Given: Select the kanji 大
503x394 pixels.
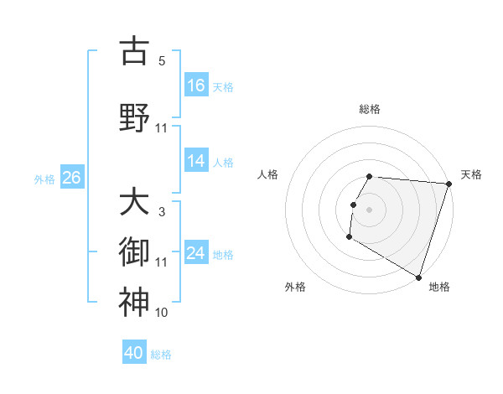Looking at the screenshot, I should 133,203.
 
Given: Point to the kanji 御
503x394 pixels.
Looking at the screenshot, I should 133,251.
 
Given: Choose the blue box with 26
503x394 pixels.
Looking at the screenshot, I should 71,178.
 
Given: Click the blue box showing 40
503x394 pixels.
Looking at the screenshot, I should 134,353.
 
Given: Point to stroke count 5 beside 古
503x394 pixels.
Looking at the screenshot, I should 162,61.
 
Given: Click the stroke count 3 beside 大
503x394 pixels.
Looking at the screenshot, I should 162,212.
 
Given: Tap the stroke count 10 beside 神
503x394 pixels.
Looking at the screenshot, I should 162,312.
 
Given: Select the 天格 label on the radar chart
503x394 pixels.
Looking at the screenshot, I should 471,174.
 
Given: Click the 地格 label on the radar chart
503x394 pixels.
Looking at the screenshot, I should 439,287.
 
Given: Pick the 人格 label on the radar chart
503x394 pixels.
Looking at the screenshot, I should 268,174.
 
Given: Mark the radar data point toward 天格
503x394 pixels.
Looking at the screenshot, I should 449,184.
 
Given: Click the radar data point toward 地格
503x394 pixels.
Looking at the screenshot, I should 417,276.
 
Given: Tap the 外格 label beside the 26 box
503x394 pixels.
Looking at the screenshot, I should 44,179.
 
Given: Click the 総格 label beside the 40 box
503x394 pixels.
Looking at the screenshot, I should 161,355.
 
